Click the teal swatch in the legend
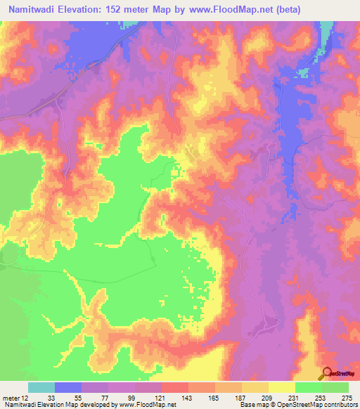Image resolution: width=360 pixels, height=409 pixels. click(41, 387)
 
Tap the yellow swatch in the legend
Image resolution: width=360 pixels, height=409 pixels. click(281, 387)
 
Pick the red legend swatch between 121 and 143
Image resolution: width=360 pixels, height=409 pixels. click(174, 387)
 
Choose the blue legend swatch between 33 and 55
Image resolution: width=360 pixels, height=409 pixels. click(68, 387)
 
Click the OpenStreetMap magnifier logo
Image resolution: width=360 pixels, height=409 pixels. click(328, 373)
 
